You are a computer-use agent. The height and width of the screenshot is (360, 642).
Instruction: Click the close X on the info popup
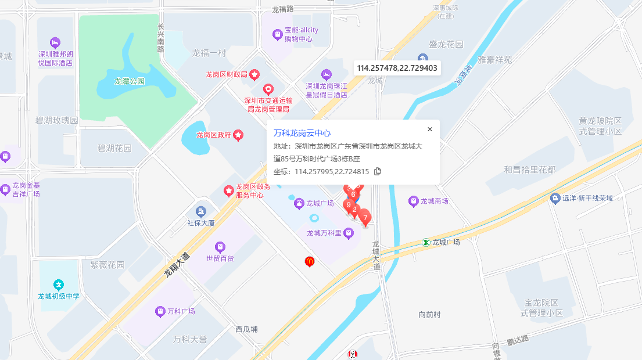tap(430, 129)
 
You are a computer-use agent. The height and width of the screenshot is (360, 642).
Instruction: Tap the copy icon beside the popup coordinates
tap(378, 171)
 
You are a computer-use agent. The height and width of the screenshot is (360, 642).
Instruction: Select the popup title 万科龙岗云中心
tap(302, 133)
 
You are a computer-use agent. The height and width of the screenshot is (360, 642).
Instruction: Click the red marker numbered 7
tap(365, 218)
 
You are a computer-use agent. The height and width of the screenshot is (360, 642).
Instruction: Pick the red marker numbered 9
tap(349, 204)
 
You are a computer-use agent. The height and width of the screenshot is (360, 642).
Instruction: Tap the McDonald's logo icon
tap(310, 262)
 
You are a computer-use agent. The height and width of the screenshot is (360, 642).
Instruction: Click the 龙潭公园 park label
tap(129, 81)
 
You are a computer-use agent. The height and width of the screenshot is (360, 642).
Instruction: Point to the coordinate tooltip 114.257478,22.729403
tap(397, 68)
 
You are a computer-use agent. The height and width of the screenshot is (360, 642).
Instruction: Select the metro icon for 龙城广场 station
tap(426, 242)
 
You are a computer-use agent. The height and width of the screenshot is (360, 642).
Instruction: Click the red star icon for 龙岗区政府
tap(238, 135)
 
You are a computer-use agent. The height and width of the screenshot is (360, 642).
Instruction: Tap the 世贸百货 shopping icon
tap(220, 247)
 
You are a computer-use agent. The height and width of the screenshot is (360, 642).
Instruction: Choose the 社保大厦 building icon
tap(201, 211)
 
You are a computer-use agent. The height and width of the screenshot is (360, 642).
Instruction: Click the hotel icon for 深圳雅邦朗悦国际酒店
tap(55, 42)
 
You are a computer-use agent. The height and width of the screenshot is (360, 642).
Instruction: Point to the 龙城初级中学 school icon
tap(58, 285)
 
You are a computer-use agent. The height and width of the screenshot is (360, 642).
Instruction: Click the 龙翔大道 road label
tap(177, 264)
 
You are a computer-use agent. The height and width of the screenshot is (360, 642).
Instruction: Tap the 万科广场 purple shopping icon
tap(160, 312)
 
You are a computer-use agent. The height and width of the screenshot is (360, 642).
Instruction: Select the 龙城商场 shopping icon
tap(413, 201)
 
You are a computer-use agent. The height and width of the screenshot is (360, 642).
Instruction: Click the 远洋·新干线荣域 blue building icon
tap(555, 198)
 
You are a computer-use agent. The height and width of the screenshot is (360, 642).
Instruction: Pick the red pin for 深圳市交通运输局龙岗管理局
tap(268, 89)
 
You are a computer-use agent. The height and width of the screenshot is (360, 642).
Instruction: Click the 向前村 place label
tap(429, 315)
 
